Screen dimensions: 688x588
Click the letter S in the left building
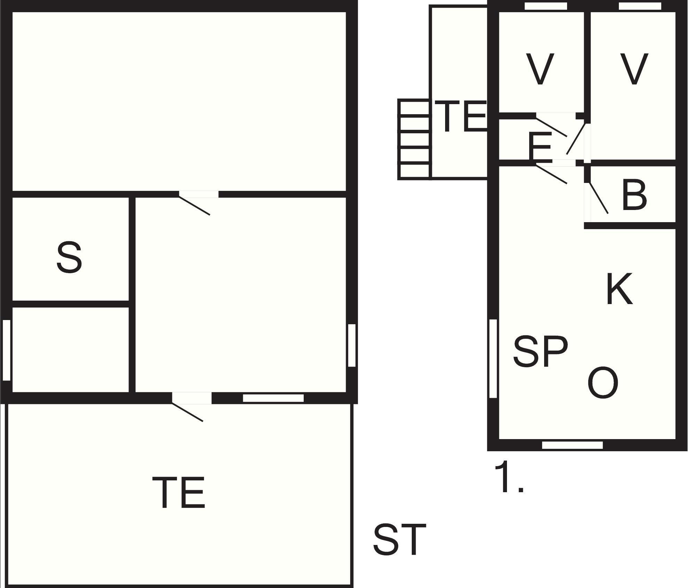click(x=69, y=257)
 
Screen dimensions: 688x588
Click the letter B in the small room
click(x=634, y=195)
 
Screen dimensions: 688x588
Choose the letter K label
click(x=619, y=289)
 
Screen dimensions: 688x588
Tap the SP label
click(x=540, y=351)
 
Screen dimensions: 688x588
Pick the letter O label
click(x=603, y=383)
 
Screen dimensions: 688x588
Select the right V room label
click(x=634, y=69)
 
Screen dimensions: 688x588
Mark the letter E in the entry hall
click(x=540, y=147)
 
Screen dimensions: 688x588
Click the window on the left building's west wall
click(x=6, y=350)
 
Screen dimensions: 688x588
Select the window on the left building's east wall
click(x=352, y=345)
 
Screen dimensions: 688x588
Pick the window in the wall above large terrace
click(x=273, y=398)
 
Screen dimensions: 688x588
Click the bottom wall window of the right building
click(x=572, y=445)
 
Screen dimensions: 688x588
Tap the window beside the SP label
click(x=493, y=358)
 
